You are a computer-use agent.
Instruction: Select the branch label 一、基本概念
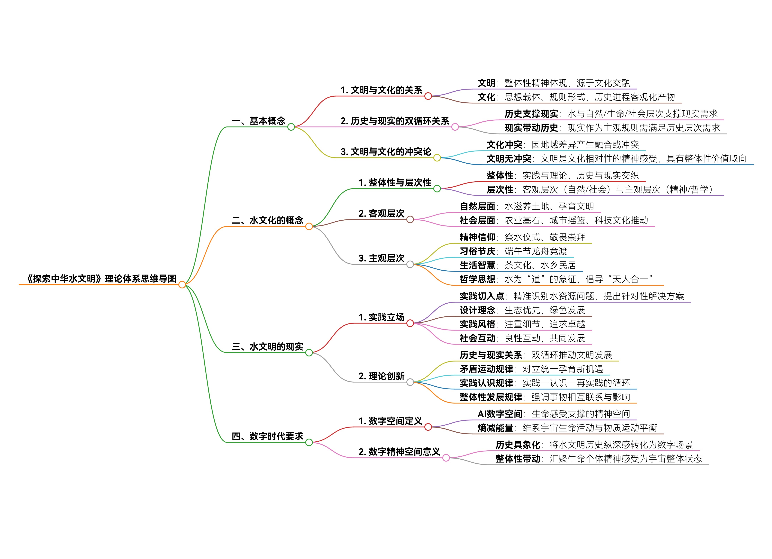pos(258,121)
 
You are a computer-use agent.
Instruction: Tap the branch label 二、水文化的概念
pos(267,220)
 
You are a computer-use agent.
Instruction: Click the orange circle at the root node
pos(182,284)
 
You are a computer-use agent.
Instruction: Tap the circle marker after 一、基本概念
pos(291,127)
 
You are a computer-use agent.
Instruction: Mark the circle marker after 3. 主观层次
pos(410,264)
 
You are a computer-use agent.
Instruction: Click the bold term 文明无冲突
pos(509,158)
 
